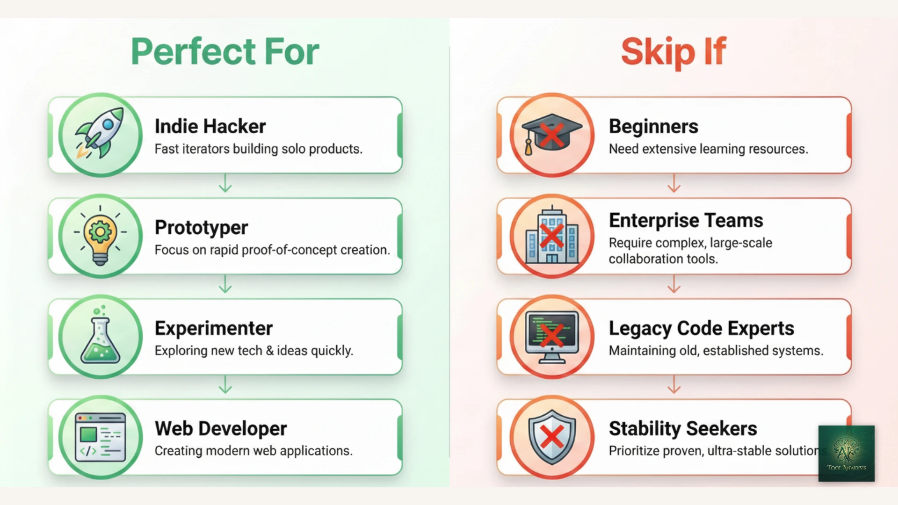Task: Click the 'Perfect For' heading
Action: (x=225, y=51)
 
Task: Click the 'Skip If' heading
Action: (x=673, y=51)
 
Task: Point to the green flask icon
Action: (x=100, y=337)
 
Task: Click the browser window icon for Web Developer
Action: (x=100, y=437)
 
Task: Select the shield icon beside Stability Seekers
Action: (x=552, y=437)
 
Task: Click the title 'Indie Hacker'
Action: (x=210, y=126)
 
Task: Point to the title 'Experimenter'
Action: (x=214, y=328)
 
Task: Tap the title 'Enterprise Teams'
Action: (x=686, y=220)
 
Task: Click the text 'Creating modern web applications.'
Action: (x=253, y=451)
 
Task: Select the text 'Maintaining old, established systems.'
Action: (x=716, y=351)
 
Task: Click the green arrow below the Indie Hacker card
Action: (x=225, y=183)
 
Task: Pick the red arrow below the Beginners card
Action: (x=673, y=183)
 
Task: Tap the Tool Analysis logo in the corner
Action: (x=846, y=453)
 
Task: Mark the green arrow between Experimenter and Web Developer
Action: (x=225, y=384)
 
